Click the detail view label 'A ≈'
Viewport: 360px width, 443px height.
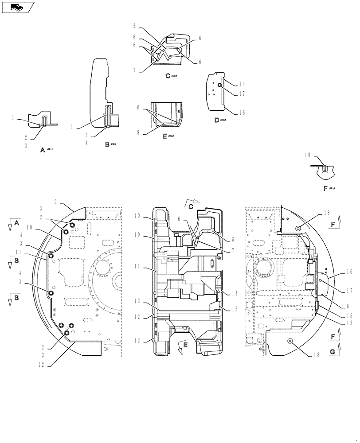tap(47, 150)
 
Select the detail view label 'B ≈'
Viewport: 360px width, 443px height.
tap(110, 144)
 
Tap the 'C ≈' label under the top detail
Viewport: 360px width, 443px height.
tap(171, 76)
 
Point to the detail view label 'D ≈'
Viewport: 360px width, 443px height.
tap(220, 120)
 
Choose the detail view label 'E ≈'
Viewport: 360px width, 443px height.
tap(168, 136)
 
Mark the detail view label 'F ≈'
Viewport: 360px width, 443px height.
tap(329, 188)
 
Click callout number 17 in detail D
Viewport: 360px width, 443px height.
tap(242, 93)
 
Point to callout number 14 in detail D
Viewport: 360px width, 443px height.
tap(242, 84)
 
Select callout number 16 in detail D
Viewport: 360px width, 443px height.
tap(242, 113)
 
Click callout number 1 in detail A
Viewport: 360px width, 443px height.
tap(14, 118)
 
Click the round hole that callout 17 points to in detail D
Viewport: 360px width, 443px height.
tap(219, 85)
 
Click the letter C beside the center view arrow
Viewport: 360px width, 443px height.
tap(191, 207)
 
